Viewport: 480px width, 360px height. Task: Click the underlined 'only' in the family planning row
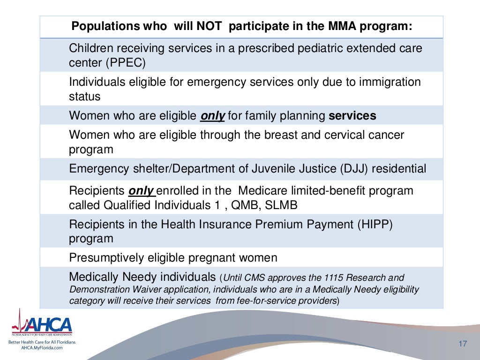212,115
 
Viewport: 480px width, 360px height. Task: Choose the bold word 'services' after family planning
352,115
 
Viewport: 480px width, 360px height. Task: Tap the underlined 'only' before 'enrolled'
140,191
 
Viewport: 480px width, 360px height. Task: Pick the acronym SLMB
281,205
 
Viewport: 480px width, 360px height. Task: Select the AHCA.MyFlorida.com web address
42,347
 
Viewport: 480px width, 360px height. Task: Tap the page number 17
463,345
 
